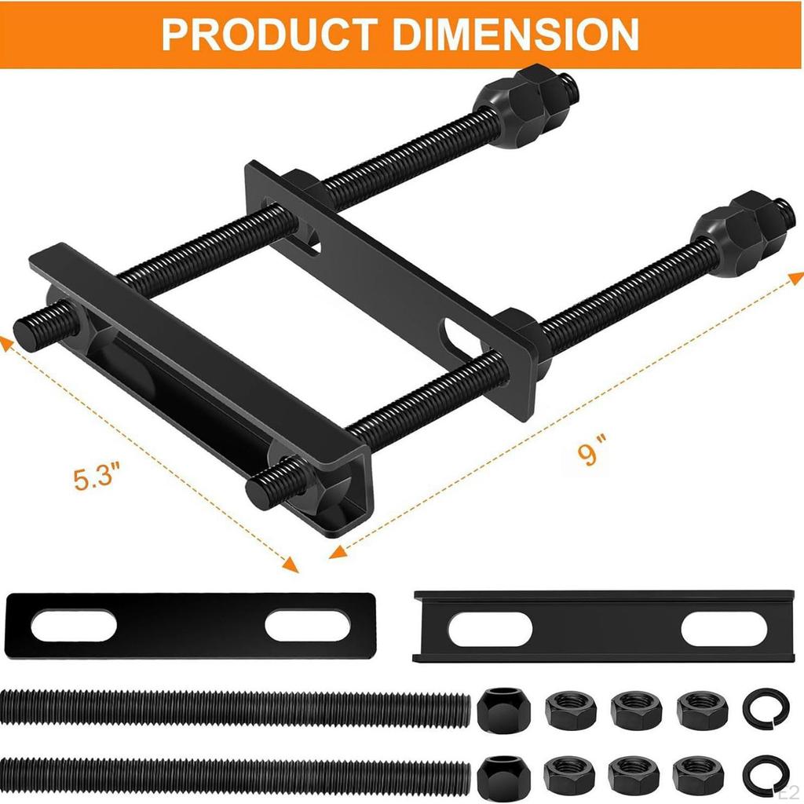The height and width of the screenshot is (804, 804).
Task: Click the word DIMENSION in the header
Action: (x=517, y=33)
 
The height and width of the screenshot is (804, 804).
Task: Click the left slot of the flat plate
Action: (x=74, y=626)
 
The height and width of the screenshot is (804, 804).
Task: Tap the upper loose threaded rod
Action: (x=236, y=708)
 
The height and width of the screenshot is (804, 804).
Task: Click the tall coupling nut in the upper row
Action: (x=499, y=708)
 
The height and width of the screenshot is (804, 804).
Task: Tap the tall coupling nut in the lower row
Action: (x=499, y=776)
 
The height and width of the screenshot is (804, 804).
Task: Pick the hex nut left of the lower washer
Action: (x=696, y=776)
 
